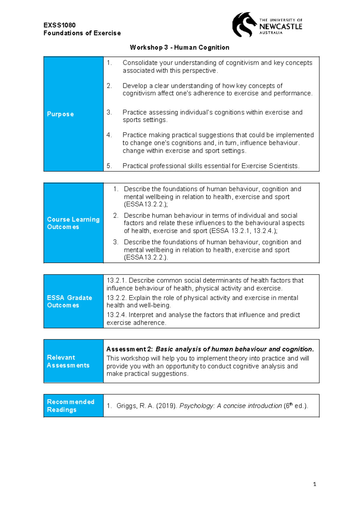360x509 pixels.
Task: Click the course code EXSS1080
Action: click(59, 25)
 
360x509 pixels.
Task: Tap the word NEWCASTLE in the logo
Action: click(281, 26)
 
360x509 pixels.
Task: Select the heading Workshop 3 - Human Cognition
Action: click(179, 47)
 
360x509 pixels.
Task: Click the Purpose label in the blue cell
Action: click(60, 114)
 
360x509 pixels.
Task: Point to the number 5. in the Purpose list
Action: click(109, 166)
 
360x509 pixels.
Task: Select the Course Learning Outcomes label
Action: click(73, 223)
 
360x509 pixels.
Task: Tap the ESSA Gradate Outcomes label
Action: click(69, 301)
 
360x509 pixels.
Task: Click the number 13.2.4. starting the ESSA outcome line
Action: click(117, 315)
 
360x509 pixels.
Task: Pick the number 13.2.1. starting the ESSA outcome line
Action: click(117, 281)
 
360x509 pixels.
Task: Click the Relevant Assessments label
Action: click(68, 361)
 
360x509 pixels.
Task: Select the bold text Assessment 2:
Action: click(130, 349)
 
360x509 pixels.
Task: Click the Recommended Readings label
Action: click(70, 406)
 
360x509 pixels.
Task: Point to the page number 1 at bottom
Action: click(314, 484)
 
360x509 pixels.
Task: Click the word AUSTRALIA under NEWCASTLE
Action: click(271, 33)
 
